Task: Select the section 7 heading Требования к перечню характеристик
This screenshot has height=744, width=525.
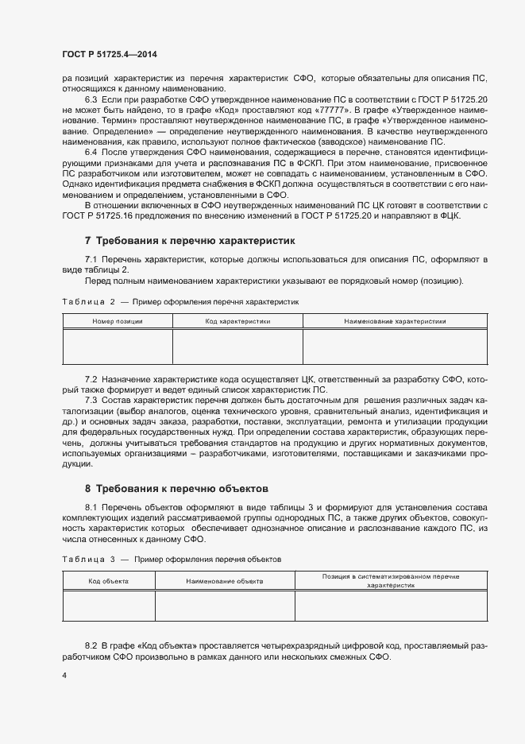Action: [191, 239]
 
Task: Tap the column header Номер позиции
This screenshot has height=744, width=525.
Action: [118, 321]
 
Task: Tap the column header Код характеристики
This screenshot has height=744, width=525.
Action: [238, 321]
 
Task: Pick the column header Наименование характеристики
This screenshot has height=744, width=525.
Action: [395, 321]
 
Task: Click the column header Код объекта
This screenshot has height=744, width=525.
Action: [108, 582]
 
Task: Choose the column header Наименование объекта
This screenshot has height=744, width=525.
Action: [225, 582]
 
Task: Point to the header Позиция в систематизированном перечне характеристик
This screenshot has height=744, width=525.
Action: [391, 579]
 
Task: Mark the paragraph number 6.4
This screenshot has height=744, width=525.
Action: [91, 151]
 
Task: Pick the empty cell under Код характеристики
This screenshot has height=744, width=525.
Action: [238, 347]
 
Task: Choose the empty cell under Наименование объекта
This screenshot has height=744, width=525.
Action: [225, 606]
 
